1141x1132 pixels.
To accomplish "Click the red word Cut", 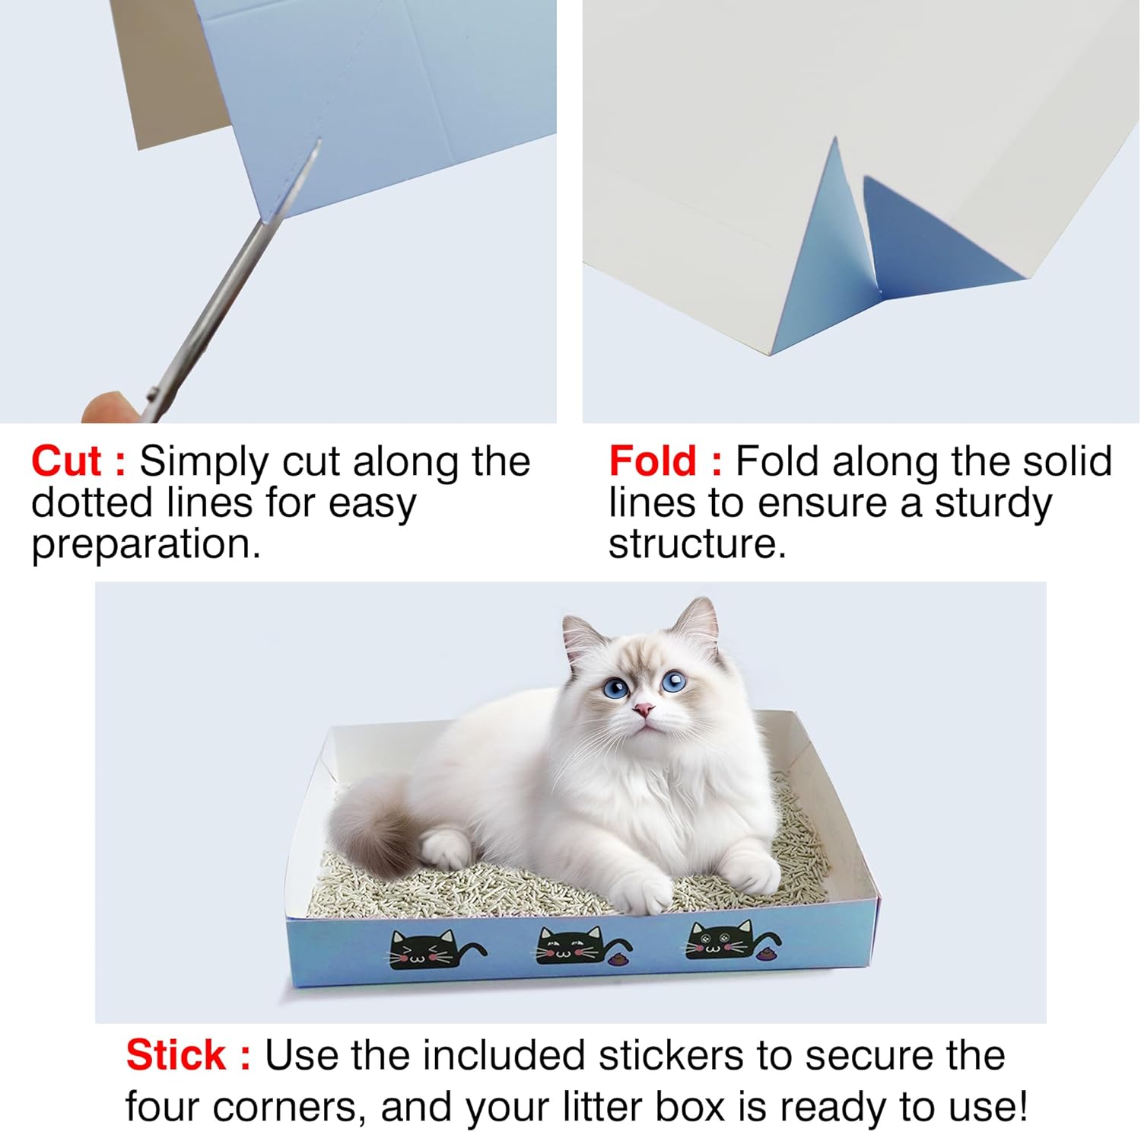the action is click(x=66, y=461).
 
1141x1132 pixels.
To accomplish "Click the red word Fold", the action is click(x=653, y=461).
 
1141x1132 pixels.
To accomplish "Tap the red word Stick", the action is click(x=176, y=1055).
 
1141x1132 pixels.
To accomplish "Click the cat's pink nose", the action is click(x=644, y=709).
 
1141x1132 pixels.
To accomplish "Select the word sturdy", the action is click(x=993, y=504).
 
